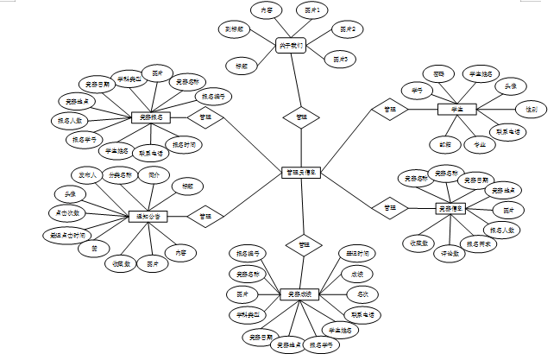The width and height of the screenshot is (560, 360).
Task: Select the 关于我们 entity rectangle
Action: pyautogui.click(x=291, y=45)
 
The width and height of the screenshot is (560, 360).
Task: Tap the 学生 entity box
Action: pyautogui.click(x=456, y=110)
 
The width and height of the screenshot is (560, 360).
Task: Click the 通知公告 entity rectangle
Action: pyautogui.click(x=148, y=216)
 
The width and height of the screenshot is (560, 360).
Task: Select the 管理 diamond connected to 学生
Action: pyautogui.click(x=389, y=110)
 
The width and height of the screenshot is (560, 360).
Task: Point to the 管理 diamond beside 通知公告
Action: pyautogui.click(x=205, y=215)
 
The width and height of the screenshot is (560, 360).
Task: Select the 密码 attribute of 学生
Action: pyautogui.click(x=439, y=74)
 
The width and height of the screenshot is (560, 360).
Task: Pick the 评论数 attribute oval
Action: pyautogui.click(x=448, y=254)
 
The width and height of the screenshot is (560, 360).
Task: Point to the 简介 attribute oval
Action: pyautogui.click(x=154, y=174)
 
